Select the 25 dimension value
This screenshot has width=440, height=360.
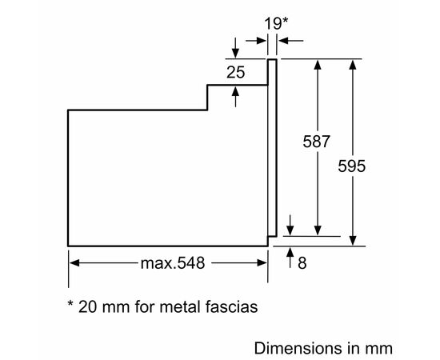pos(234,72)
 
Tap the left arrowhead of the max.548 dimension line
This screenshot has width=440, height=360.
pos(74,262)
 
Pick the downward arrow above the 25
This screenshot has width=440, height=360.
pos(236,48)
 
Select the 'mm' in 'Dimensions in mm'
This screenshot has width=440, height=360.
pos(379,348)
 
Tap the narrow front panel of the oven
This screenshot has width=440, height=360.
pos(272,148)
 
